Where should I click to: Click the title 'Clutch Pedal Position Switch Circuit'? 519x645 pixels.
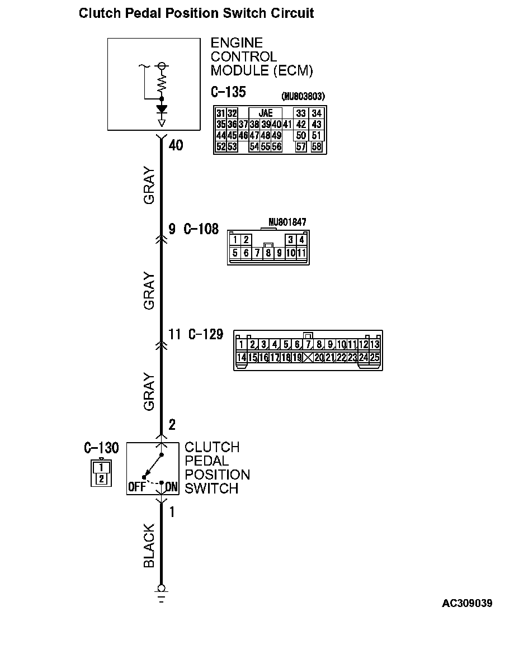coord(196,13)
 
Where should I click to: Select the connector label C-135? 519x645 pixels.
coord(228,92)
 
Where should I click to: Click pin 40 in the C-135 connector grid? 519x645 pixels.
coord(276,124)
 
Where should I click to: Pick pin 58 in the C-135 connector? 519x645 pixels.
coord(317,147)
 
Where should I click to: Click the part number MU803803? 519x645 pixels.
coord(304,97)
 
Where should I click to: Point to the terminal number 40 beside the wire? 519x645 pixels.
coord(176,146)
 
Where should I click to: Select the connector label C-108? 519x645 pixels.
coord(201,229)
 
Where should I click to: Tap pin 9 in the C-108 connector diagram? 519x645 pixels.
coord(279,253)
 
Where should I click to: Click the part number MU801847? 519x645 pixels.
coord(287,222)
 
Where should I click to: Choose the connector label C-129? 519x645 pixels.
coord(205,335)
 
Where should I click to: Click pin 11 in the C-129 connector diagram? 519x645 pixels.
coord(352,345)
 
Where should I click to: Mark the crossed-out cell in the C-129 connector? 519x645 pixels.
coord(308,358)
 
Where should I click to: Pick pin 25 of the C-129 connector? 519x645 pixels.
coord(374,358)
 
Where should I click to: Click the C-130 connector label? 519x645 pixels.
coord(101,448)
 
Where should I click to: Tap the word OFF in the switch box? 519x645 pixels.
coord(136,487)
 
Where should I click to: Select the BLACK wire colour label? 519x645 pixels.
coord(149,546)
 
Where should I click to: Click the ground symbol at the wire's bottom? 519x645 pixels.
coord(162,591)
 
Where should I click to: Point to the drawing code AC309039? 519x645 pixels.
coord(467,604)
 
